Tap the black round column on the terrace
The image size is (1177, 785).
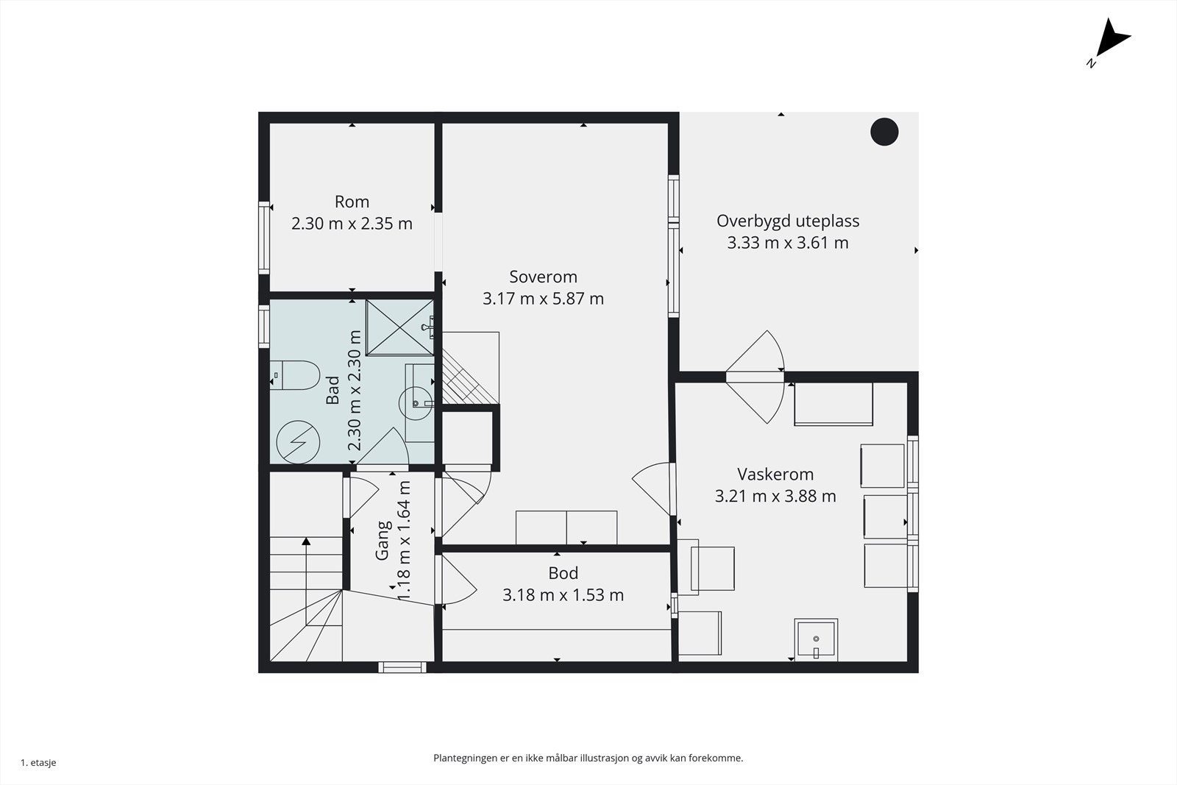[884, 132]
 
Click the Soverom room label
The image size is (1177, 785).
[544, 277]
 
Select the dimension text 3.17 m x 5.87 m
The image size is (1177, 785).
[544, 299]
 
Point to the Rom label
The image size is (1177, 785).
[352, 202]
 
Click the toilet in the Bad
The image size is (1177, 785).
[295, 375]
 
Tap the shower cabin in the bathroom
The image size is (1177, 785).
[400, 328]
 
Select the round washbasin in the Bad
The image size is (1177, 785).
[416, 403]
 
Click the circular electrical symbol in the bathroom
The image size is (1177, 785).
[298, 442]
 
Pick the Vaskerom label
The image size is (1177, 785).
[775, 474]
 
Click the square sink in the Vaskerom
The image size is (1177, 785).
[816, 639]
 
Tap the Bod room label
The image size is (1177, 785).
[563, 572]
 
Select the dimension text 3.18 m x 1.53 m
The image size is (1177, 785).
[563, 594]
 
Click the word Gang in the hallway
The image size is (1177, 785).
[383, 540]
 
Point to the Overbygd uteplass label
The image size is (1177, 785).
[788, 221]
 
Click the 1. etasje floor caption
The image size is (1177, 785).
[38, 762]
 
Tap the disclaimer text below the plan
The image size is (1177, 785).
[588, 759]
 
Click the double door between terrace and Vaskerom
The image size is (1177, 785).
[755, 377]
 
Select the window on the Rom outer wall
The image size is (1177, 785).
[264, 238]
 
